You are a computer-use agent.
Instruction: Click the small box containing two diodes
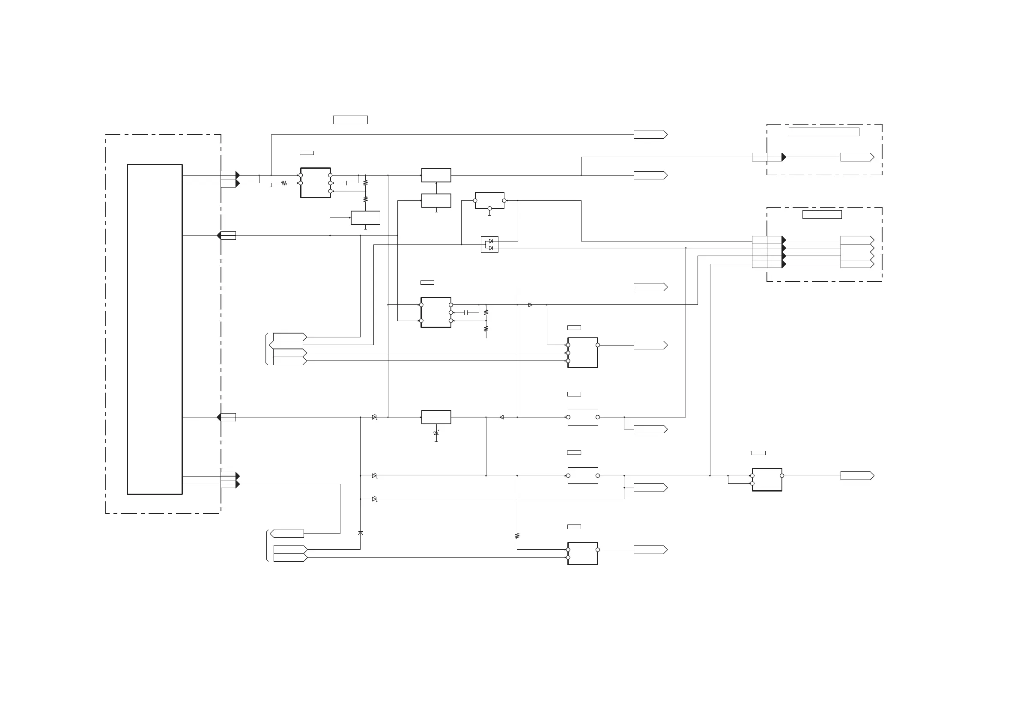tap(489, 244)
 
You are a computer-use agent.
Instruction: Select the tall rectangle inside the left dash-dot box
tap(155, 329)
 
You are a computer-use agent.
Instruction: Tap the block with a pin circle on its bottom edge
tap(489, 200)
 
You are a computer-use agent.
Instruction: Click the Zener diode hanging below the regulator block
tap(436, 433)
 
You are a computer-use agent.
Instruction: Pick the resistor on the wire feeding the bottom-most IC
tap(517, 536)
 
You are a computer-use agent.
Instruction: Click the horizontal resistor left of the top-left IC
tap(284, 183)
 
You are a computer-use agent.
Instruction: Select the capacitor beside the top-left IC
tap(346, 183)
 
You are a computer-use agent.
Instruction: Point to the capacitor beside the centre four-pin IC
tap(466, 313)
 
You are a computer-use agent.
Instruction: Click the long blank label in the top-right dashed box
tap(823, 132)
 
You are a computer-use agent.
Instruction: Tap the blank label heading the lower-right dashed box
tap(821, 215)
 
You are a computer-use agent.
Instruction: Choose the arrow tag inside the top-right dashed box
tap(857, 157)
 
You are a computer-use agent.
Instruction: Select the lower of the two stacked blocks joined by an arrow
tap(436, 200)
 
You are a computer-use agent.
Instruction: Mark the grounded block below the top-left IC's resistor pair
tap(365, 217)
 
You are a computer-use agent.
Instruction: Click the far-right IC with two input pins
tap(767, 480)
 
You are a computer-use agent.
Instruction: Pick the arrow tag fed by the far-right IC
tap(857, 476)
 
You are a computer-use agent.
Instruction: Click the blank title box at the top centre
tap(350, 120)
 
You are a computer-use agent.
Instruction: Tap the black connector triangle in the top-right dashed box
tap(784, 157)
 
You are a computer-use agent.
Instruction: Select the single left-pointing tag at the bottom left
tap(287, 533)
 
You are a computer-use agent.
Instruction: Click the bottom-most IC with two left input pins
tap(582, 554)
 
